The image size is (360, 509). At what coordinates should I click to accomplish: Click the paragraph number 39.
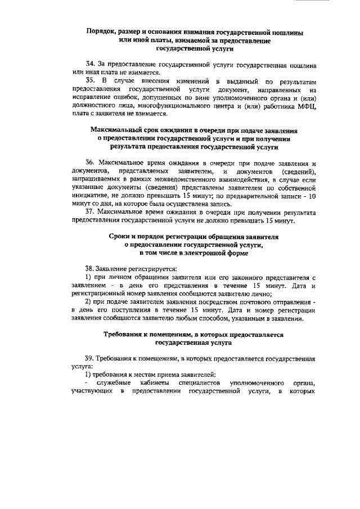[90, 358]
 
